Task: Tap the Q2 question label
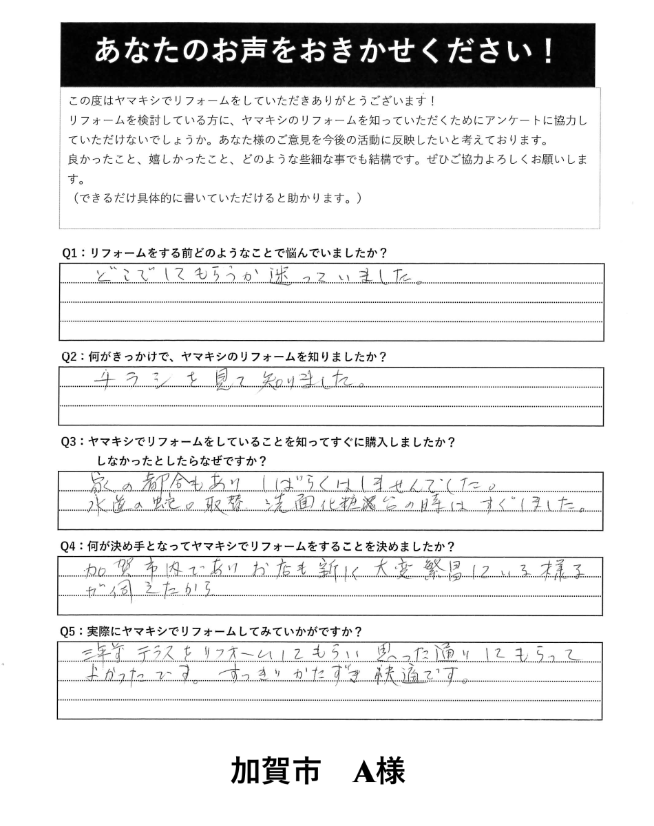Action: (x=72, y=357)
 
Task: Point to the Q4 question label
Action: (x=72, y=547)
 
